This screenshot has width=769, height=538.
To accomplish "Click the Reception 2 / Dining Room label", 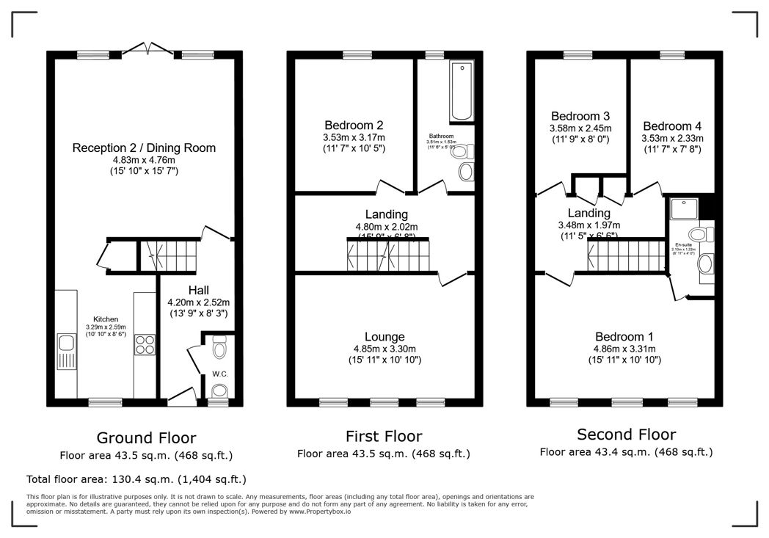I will tap(144, 148).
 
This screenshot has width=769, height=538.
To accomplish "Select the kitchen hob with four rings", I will tap(144, 345).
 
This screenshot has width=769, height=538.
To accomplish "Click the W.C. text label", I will tap(220, 374).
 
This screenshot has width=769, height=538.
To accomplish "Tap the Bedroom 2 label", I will tap(354, 125).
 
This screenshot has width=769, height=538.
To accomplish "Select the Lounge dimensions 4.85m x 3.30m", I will tap(384, 349).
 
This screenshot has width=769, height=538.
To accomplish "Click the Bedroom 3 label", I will tap(580, 116).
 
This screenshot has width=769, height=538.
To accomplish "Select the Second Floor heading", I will tap(626, 434).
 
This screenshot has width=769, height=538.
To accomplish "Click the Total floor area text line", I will tap(136, 479).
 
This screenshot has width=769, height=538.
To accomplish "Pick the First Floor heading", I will tap(384, 437).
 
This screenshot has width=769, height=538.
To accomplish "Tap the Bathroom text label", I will tap(441, 137).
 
